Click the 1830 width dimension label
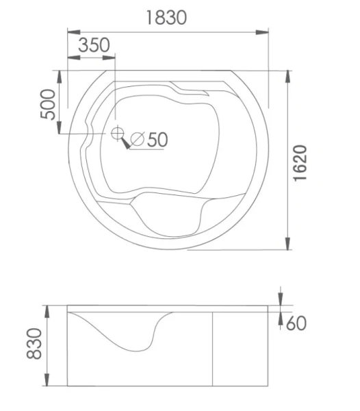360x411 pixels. pos(166,18)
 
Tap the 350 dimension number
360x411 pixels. pos(94,45)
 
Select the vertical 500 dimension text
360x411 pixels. pos(48,104)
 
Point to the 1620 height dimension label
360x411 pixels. pos(300,163)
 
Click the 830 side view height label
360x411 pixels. pos(34,344)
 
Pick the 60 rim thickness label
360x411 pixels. pos(296,323)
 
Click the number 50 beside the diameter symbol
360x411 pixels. pos(157,140)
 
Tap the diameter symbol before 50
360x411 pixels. pos(138,139)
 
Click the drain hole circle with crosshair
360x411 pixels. pos(117,133)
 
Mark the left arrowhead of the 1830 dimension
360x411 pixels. pos(74,32)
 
